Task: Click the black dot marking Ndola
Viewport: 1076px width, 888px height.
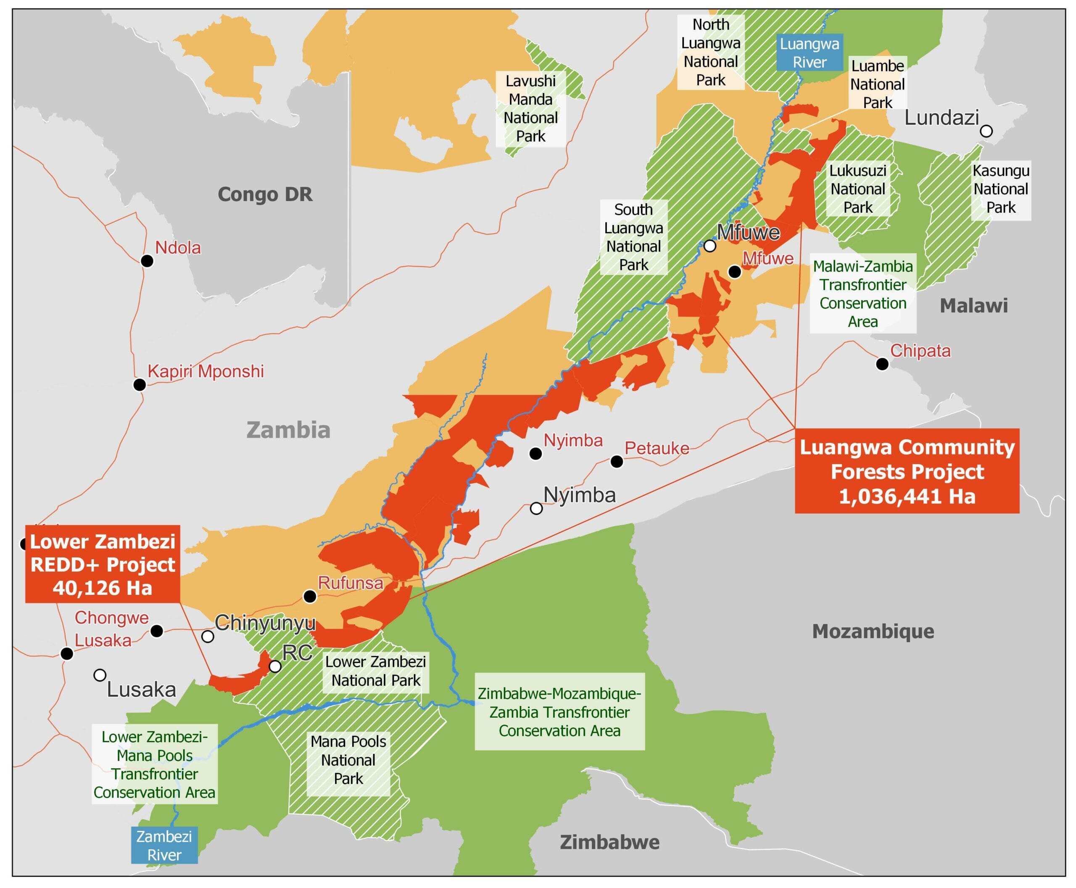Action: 147,261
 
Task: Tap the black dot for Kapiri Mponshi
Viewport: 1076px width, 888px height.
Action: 139,384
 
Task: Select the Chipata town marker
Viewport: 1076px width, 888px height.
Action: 882,364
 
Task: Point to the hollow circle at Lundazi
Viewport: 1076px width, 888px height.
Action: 986,131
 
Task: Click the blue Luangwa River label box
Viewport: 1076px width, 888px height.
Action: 809,53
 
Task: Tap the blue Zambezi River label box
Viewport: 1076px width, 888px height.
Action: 164,845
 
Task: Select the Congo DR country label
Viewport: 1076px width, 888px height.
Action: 265,194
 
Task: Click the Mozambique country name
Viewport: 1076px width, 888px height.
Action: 873,631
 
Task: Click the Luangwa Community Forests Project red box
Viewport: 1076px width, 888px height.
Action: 907,471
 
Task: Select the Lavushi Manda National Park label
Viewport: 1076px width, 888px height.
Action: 530,108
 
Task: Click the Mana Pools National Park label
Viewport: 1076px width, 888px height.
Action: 348,760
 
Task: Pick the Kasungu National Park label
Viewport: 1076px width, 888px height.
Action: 1000,189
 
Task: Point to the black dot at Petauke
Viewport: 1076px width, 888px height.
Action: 617,461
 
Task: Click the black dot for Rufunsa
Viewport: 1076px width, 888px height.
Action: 309,596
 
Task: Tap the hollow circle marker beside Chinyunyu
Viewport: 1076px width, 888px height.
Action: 207,636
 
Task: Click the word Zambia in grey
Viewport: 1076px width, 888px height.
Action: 288,430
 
